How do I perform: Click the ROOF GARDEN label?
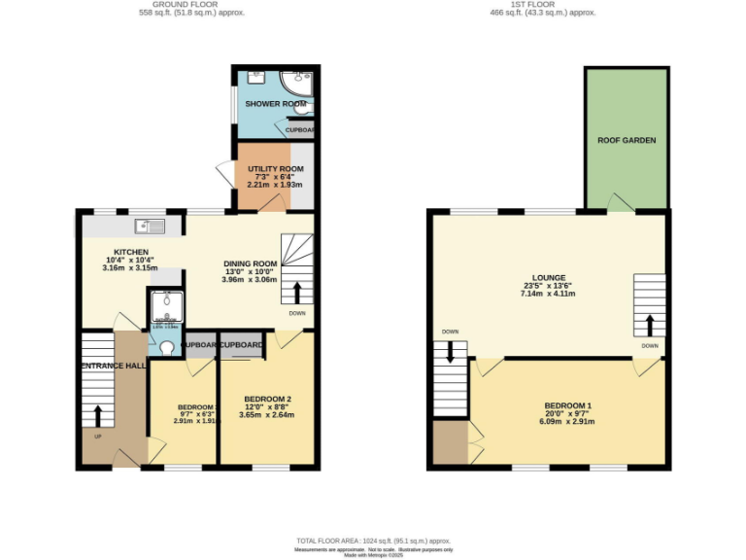pyautogui.click(x=626, y=141)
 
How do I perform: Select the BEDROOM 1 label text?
pyautogui.click(x=568, y=405)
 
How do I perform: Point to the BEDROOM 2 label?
pyautogui.click(x=268, y=399)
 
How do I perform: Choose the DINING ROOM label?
pyautogui.click(x=251, y=263)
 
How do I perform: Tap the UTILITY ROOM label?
pyautogui.click(x=264, y=168)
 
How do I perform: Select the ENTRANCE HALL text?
pyautogui.click(x=114, y=366)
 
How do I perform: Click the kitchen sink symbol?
pyautogui.click(x=149, y=227)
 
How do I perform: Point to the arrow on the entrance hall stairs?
pyautogui.click(x=97, y=416)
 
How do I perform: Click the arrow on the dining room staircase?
pyautogui.click(x=297, y=294)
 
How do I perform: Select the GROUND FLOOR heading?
pyautogui.click(x=190, y=5)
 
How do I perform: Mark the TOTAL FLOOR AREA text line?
pyautogui.click(x=373, y=540)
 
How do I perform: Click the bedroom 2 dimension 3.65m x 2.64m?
pyautogui.click(x=268, y=415)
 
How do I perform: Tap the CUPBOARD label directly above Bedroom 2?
pyautogui.click(x=241, y=345)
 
